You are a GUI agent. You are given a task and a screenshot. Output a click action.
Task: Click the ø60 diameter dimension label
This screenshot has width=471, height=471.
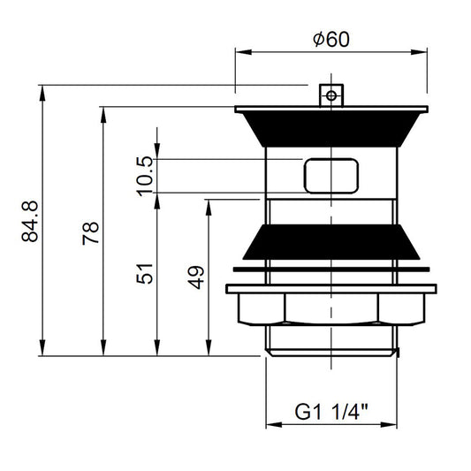(x=331, y=40)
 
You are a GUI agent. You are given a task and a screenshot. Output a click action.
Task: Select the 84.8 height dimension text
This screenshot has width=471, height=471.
(x=30, y=222)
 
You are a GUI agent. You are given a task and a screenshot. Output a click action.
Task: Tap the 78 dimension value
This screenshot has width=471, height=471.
(x=90, y=233)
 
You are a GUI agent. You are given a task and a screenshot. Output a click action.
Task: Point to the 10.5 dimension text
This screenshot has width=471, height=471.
(x=145, y=177)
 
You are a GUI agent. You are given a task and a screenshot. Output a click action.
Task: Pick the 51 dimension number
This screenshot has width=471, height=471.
(x=145, y=273)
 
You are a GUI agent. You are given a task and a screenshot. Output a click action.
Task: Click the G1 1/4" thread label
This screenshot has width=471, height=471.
(x=331, y=412)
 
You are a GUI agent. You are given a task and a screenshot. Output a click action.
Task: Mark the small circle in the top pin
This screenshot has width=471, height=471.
(x=331, y=96)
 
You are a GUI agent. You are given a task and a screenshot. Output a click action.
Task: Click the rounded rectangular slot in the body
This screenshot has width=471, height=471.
(x=331, y=176)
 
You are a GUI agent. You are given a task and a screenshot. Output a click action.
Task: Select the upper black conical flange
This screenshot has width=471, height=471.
(x=331, y=128)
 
